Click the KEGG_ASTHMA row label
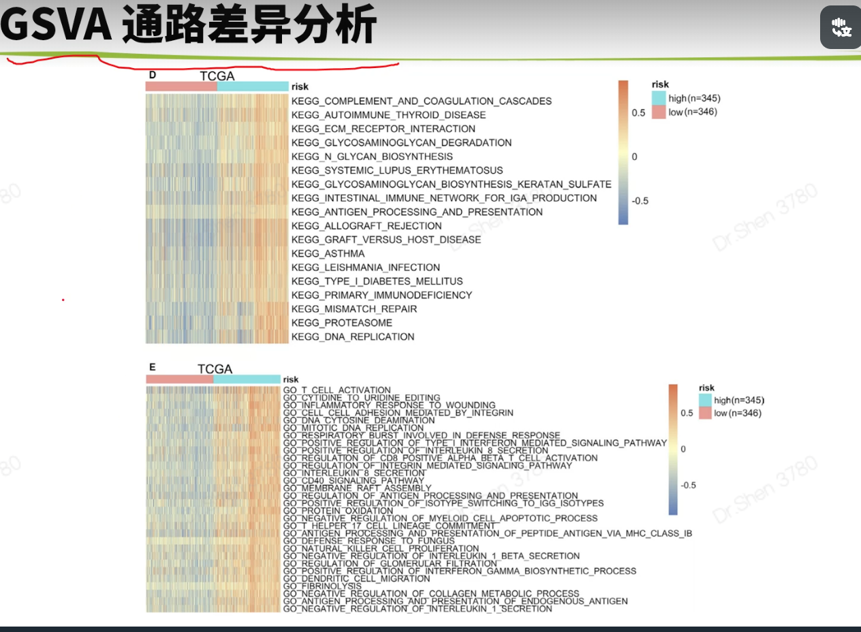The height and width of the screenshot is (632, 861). pos(328,253)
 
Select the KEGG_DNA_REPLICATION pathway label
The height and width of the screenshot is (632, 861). pos(352,336)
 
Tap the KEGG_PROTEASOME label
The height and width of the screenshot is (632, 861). pos(341,323)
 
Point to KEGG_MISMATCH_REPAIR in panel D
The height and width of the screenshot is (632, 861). pos(354,309)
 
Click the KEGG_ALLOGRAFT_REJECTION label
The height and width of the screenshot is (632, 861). pos(366,225)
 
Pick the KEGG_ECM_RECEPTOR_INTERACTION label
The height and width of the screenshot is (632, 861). pos(383,129)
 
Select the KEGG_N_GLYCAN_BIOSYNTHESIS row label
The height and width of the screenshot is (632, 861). pos(371,157)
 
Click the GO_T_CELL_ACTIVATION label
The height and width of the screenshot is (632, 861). pos(336,390)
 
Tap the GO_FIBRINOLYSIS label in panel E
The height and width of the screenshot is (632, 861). pos(322,586)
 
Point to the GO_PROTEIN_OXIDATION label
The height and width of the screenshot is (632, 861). pos(338,511)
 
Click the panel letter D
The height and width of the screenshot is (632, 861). pos(153,74)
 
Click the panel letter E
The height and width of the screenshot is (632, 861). pos(153,367)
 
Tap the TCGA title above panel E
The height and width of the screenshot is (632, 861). pos(215,369)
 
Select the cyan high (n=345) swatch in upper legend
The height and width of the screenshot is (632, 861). pos(658,99)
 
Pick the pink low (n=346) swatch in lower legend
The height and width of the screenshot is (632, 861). pos(704,413)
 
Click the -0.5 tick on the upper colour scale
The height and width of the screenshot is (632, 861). pos(640,201)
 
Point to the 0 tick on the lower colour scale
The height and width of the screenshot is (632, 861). pos(683,449)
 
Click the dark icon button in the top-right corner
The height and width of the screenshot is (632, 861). pos(840,27)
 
